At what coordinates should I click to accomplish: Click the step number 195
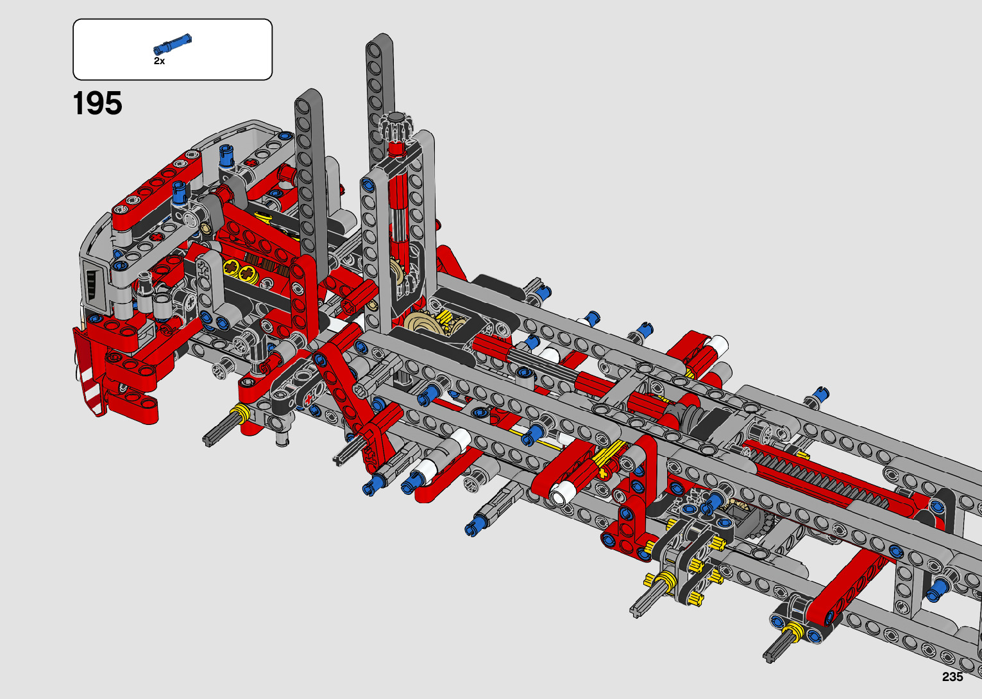click(x=97, y=103)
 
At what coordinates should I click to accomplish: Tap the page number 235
click(x=952, y=677)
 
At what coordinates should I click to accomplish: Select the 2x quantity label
click(x=159, y=61)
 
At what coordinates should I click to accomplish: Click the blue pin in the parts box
click(x=173, y=44)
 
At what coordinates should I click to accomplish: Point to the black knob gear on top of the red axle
click(x=396, y=127)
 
